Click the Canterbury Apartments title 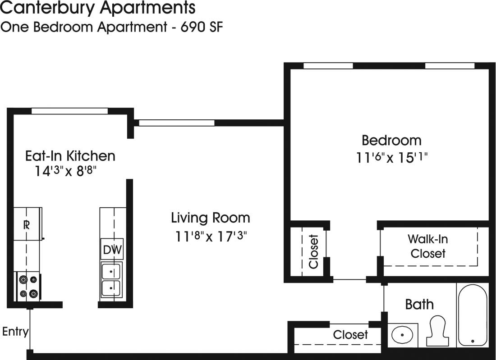pyautogui.click(x=98, y=8)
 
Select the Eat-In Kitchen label pyautogui.click(x=70, y=156)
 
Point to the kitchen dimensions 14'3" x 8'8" pyautogui.click(x=66, y=171)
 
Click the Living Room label pyautogui.click(x=210, y=218)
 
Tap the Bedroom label pyautogui.click(x=391, y=140)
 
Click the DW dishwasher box pyautogui.click(x=111, y=250)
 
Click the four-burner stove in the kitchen pyautogui.click(x=28, y=287)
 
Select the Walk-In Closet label pyautogui.click(x=427, y=246)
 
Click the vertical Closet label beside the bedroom pyautogui.click(x=314, y=251)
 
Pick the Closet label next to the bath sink pyautogui.click(x=350, y=335)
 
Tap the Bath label pyautogui.click(x=419, y=305)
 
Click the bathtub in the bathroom pyautogui.click(x=472, y=315)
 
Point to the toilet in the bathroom pyautogui.click(x=437, y=330)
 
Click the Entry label pyautogui.click(x=15, y=332)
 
